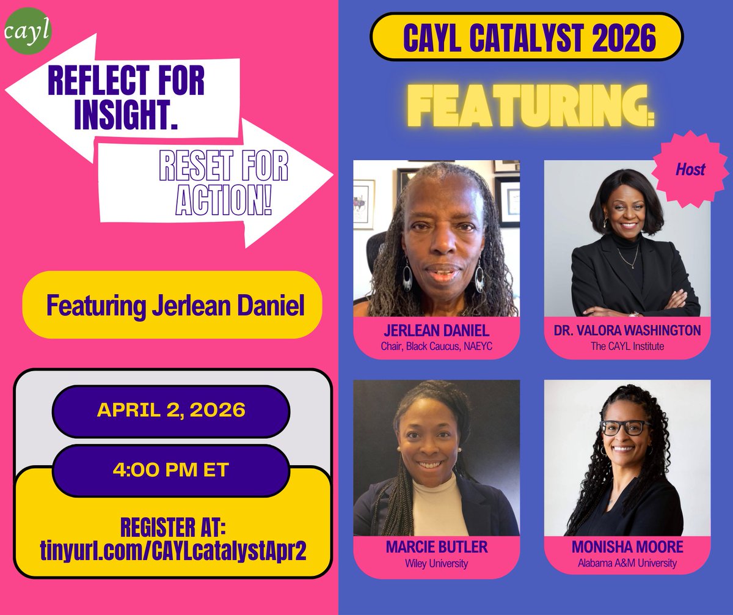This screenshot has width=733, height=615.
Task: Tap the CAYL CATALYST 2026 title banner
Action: pyautogui.click(x=526, y=37)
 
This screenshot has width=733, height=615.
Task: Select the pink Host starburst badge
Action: pyautogui.click(x=690, y=169)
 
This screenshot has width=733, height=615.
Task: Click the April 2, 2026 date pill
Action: pyautogui.click(x=170, y=410)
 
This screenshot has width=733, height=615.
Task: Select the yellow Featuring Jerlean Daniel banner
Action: pyautogui.click(x=172, y=305)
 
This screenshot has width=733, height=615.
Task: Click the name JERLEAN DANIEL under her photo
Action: pyautogui.click(x=436, y=331)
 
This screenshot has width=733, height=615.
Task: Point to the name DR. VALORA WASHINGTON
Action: pyautogui.click(x=627, y=331)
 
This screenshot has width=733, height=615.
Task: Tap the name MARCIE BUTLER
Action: pyautogui.click(x=436, y=548)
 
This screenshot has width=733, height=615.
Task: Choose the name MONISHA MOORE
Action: pyautogui.click(x=627, y=548)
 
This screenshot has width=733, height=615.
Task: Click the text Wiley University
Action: pyautogui.click(x=436, y=563)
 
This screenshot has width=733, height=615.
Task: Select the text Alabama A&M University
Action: pyautogui.click(x=627, y=563)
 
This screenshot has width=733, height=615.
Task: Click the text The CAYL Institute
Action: pyautogui.click(x=627, y=347)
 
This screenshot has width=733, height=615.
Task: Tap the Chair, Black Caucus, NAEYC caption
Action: pyautogui.click(x=436, y=347)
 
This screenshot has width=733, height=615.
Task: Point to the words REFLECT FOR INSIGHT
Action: pyautogui.click(x=125, y=97)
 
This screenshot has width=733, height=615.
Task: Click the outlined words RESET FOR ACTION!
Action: pyautogui.click(x=223, y=183)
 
